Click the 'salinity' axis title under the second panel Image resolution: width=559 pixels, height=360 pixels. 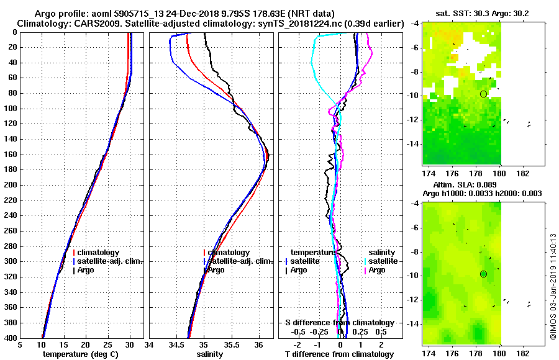211,354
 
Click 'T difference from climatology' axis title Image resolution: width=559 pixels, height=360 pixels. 339,354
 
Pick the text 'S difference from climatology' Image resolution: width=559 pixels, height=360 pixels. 339,323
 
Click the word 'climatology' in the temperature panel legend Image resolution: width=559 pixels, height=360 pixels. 99,253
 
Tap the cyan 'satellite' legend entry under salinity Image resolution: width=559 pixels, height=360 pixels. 381,261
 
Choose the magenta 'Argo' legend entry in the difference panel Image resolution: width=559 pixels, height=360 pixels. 377,270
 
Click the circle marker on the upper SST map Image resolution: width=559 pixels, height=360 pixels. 483,94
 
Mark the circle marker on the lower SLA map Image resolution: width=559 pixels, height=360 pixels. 483,274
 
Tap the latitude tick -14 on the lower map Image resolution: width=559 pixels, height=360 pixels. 413,323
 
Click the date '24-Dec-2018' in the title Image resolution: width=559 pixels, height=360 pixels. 187,14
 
